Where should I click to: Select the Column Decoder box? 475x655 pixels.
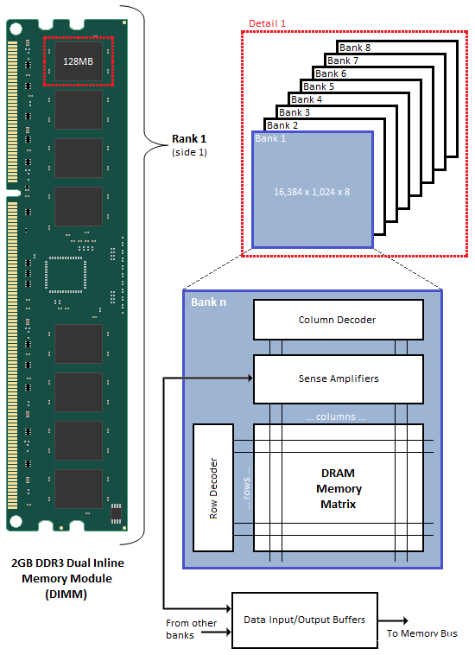pyautogui.click(x=338, y=320)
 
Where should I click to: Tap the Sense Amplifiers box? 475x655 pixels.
pyautogui.click(x=338, y=378)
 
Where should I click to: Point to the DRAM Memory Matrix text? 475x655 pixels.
pyautogui.click(x=338, y=488)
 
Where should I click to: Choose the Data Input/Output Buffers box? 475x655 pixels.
pyautogui.click(x=304, y=620)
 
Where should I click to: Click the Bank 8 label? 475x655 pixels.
pyautogui.click(x=355, y=48)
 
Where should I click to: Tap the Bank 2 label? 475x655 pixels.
pyautogui.click(x=282, y=125)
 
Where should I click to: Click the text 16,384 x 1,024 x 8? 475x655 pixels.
pyautogui.click(x=312, y=191)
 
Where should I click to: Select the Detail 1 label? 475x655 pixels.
pyautogui.click(x=267, y=22)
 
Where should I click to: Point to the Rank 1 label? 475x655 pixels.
pyautogui.click(x=188, y=138)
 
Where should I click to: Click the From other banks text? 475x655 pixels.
pyautogui.click(x=192, y=629)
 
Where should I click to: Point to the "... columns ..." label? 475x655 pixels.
pyautogui.click(x=338, y=417)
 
